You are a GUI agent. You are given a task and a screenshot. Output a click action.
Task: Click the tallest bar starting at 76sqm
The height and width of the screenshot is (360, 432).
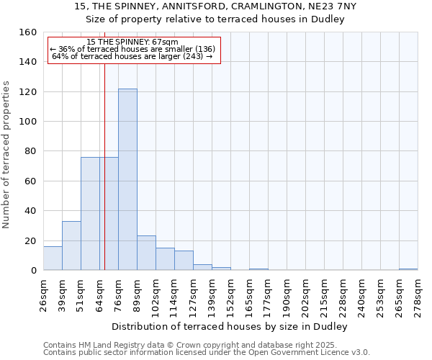[x=127, y=179]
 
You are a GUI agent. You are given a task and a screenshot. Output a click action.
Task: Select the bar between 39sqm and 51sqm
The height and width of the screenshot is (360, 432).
[x=71, y=246]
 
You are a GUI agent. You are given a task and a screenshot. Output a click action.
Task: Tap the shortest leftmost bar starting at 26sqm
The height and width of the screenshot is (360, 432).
[x=53, y=258]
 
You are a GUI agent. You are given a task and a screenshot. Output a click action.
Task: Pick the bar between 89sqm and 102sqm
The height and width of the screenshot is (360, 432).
[x=146, y=253]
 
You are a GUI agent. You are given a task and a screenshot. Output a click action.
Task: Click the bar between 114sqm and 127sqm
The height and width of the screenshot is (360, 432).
[x=184, y=261]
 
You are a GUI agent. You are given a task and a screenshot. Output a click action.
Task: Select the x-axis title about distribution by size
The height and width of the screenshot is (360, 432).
[x=230, y=326]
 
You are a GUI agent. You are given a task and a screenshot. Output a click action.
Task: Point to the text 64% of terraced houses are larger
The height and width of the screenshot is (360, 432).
[x=132, y=56]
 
